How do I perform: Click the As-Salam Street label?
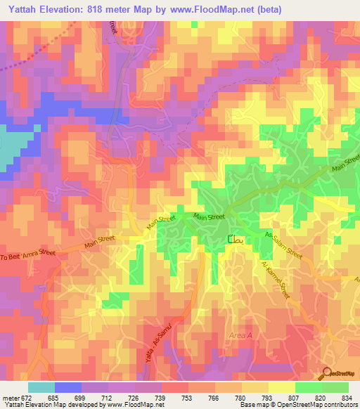coord(284,247)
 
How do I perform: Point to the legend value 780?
coord(237,397)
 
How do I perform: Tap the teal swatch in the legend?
coord(41,387)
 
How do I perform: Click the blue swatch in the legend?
coord(67,387)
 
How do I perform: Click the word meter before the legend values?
coord(9,397)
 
